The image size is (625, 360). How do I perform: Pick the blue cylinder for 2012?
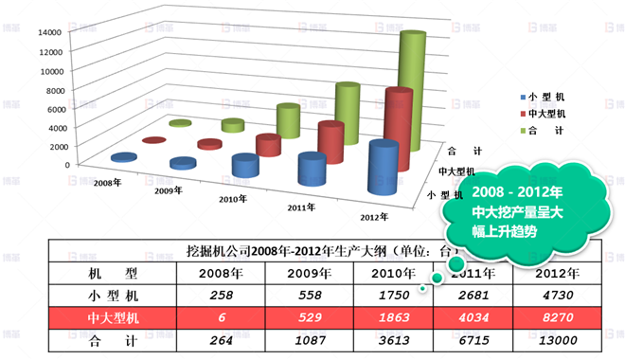pyautogui.click(x=383, y=171)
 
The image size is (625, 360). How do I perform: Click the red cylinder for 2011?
pyautogui.click(x=330, y=147)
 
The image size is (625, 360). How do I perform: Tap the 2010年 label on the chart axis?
pyautogui.click(x=233, y=200)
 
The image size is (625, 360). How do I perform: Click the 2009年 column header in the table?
pyautogui.click(x=301, y=274)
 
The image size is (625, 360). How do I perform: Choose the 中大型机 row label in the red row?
pyautogui.click(x=112, y=316)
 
